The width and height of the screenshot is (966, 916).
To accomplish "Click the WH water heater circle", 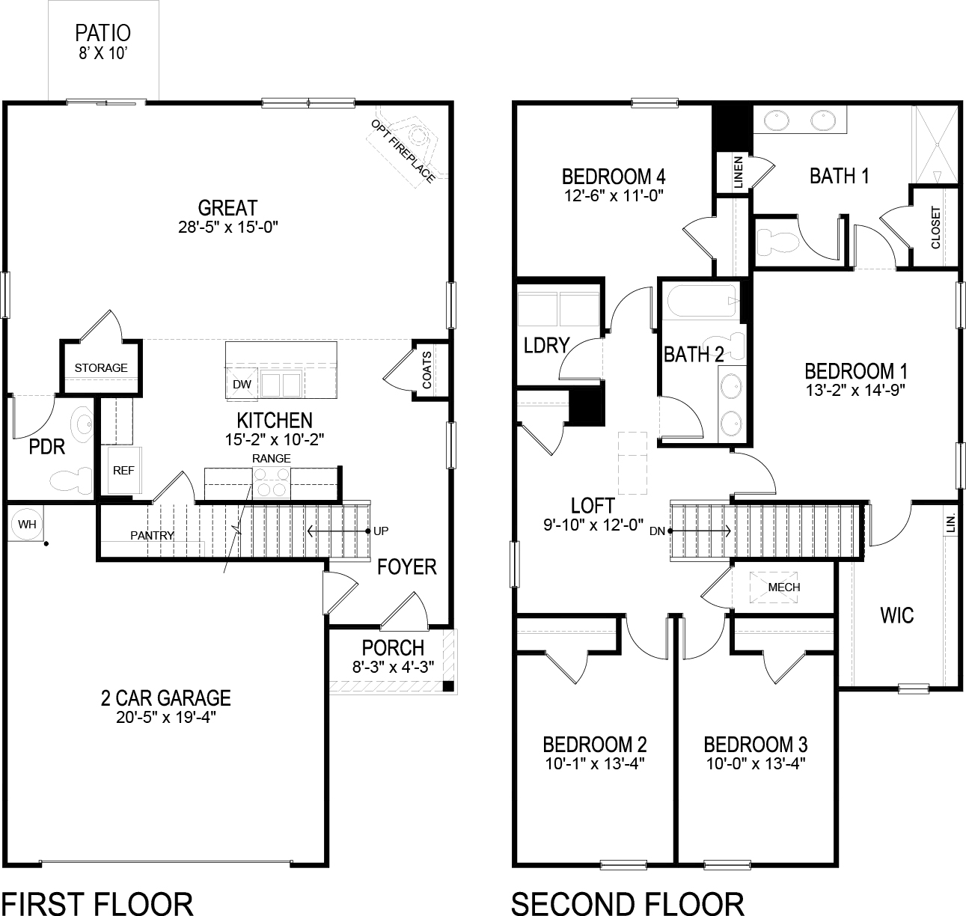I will [27, 524].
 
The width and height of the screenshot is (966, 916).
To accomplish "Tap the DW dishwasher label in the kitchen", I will [242, 384].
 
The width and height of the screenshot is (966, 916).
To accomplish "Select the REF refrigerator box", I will [123, 470].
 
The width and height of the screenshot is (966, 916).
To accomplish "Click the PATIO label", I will [103, 33].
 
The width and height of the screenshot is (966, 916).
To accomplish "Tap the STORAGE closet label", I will [101, 367].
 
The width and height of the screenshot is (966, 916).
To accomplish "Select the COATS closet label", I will [427, 370].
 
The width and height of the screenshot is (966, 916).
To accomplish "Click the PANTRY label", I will [152, 535].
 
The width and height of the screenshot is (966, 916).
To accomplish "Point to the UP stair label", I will [382, 531].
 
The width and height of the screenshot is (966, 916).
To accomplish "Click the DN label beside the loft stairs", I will [657, 531].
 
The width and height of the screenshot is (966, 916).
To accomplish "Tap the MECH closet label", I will [783, 587].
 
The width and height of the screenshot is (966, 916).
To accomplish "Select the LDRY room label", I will [546, 345].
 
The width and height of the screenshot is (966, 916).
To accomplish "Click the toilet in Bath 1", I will [774, 241].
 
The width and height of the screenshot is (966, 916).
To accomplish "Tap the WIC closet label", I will [896, 615].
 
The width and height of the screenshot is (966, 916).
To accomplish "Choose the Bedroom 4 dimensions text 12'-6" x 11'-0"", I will [614, 195].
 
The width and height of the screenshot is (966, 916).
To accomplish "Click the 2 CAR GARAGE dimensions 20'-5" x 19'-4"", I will [165, 717].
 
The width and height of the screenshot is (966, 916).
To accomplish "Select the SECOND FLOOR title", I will [627, 903].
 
